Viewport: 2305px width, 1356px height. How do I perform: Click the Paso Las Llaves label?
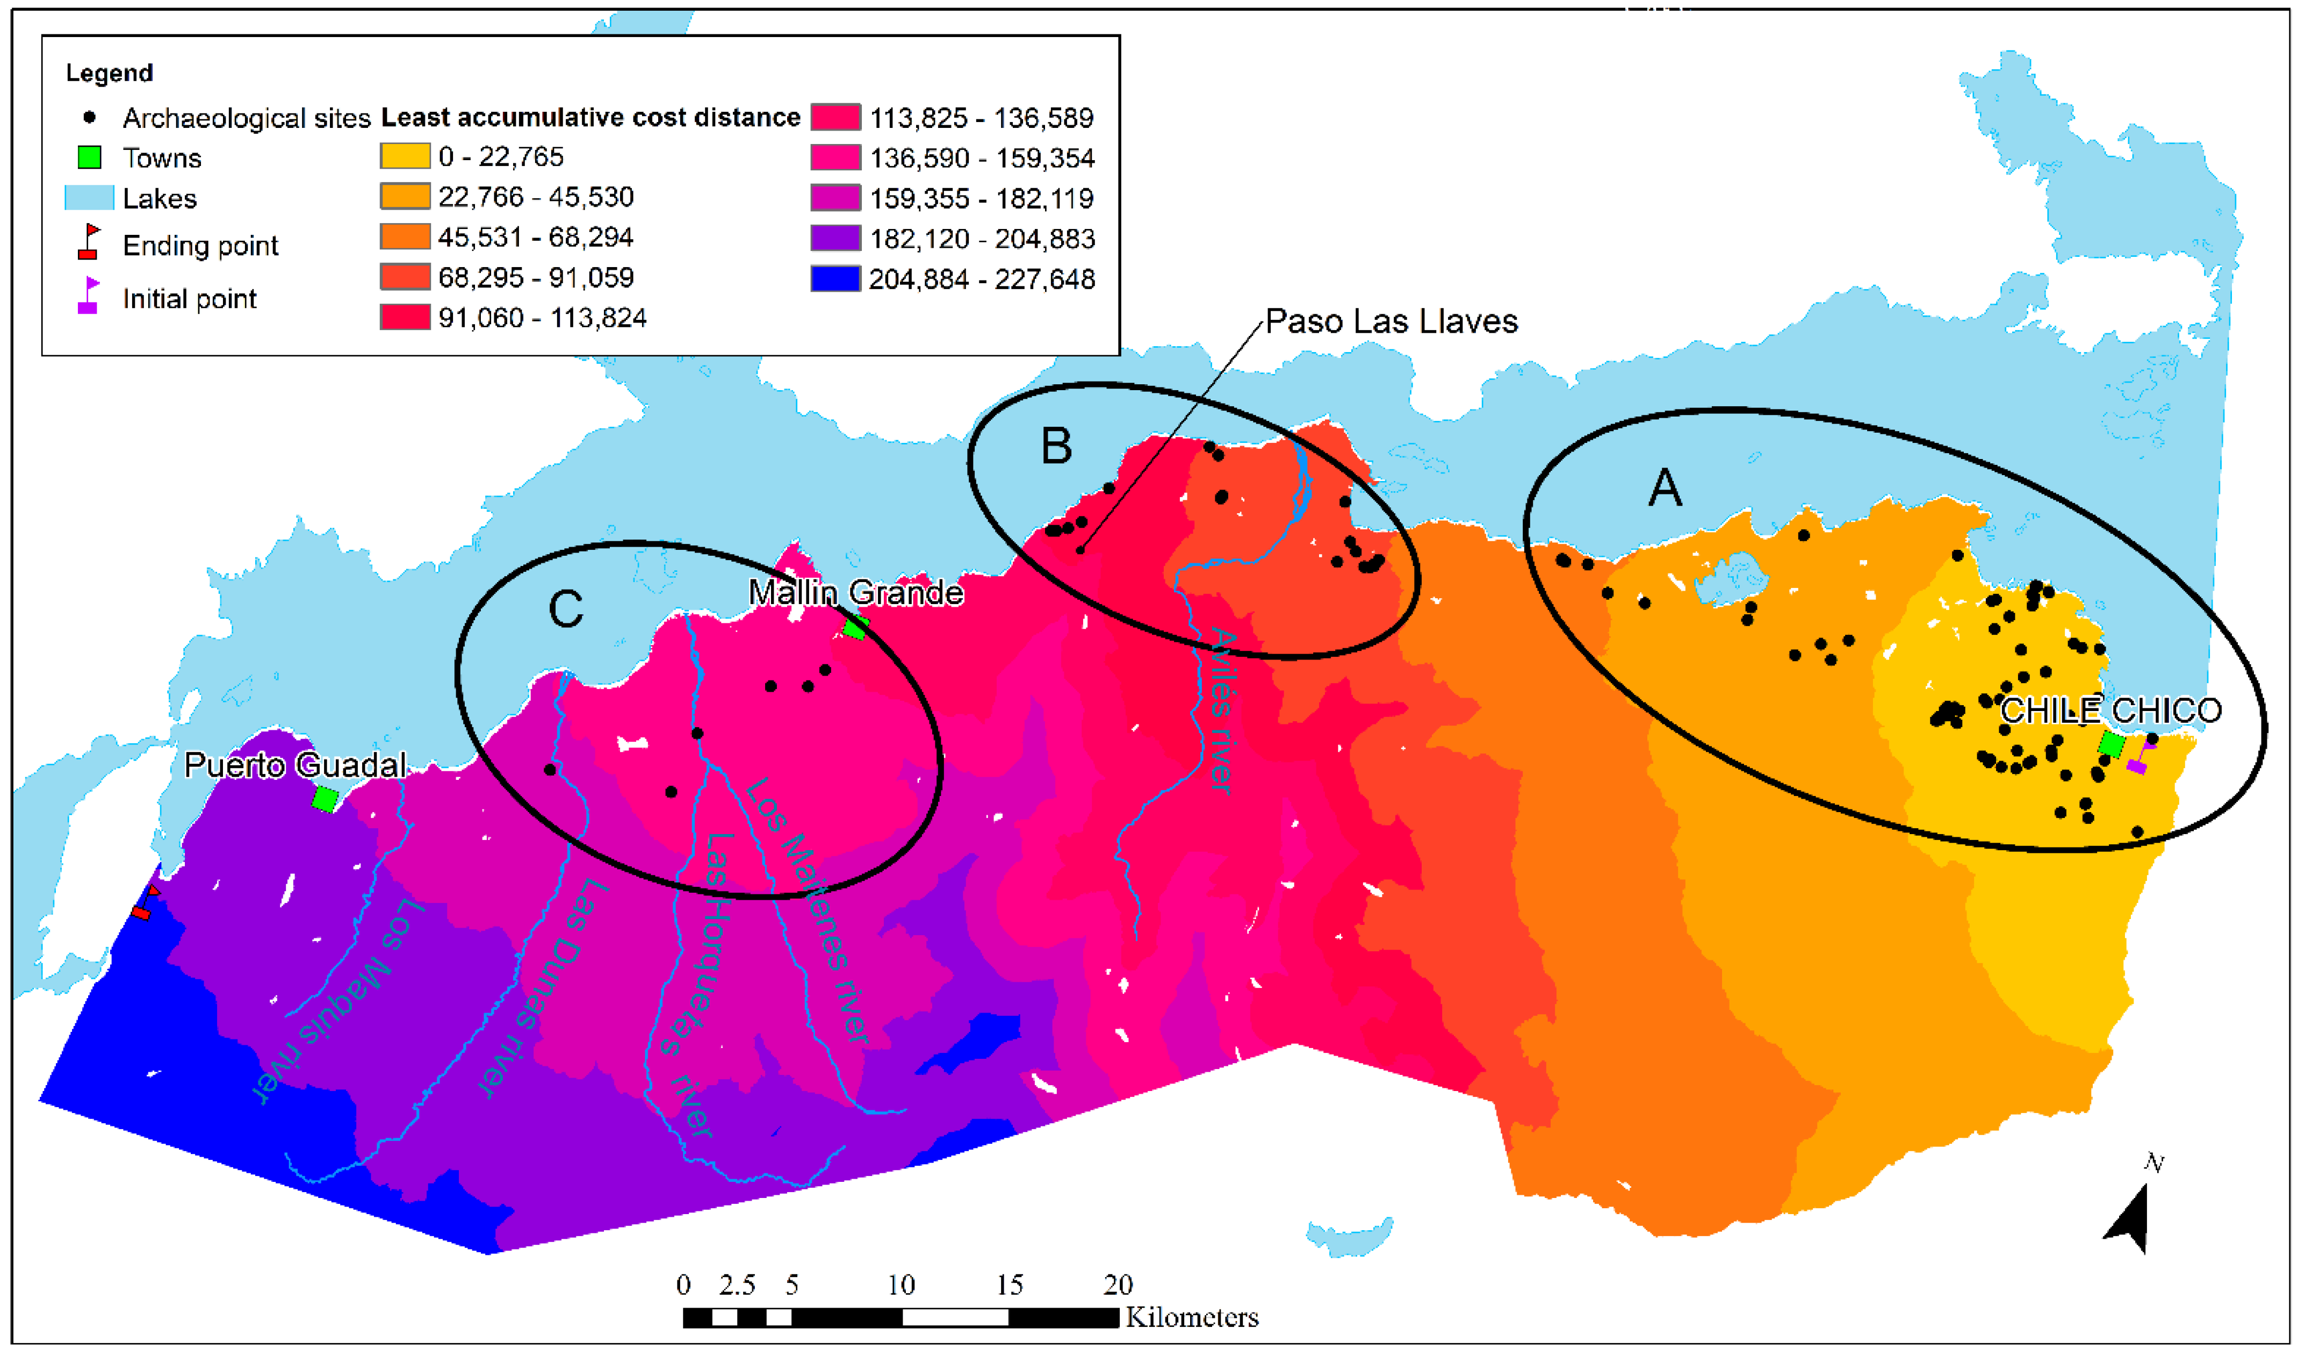point(1391,322)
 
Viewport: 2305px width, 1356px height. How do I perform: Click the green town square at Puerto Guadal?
point(325,799)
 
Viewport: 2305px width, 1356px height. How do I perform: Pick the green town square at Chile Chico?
point(2111,745)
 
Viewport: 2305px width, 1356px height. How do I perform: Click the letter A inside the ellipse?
point(1665,487)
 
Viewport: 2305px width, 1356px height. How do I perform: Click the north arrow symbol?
point(2131,1217)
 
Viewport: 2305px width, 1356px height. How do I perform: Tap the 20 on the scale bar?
point(1118,1286)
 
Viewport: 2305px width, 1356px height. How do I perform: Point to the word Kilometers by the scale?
point(1192,1317)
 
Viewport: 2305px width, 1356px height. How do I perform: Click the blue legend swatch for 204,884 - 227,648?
point(835,278)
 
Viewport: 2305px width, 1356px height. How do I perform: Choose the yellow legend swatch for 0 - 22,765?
point(405,156)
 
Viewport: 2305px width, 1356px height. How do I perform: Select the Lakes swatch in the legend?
point(89,198)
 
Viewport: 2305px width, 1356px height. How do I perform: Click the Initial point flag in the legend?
point(89,297)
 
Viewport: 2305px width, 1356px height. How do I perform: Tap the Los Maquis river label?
point(338,1002)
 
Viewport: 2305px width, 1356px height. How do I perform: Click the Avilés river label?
point(1221,709)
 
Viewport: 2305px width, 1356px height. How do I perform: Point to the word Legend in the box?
point(109,73)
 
